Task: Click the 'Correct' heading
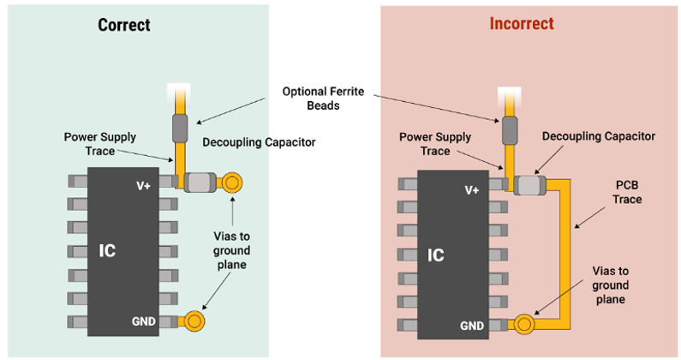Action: [124, 25]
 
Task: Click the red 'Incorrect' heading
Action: [522, 23]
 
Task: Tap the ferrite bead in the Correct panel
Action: [180, 129]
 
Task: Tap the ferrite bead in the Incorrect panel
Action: [510, 130]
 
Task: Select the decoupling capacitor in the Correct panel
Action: [200, 183]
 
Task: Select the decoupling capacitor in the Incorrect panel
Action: [530, 185]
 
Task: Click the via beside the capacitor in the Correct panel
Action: [232, 183]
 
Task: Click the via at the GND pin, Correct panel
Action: [194, 321]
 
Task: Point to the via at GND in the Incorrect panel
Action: [524, 324]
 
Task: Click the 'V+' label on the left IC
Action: [143, 186]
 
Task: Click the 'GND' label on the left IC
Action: [144, 321]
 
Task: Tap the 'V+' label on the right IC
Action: [472, 190]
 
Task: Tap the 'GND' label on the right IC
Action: [472, 326]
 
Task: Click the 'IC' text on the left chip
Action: [107, 251]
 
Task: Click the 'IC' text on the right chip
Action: [436, 255]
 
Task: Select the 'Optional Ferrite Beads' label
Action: [323, 99]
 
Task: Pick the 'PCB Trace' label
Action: [627, 192]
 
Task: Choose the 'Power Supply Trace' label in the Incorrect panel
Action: [435, 144]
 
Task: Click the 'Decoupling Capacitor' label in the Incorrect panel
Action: [599, 136]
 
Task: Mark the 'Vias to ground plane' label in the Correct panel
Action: [231, 250]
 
